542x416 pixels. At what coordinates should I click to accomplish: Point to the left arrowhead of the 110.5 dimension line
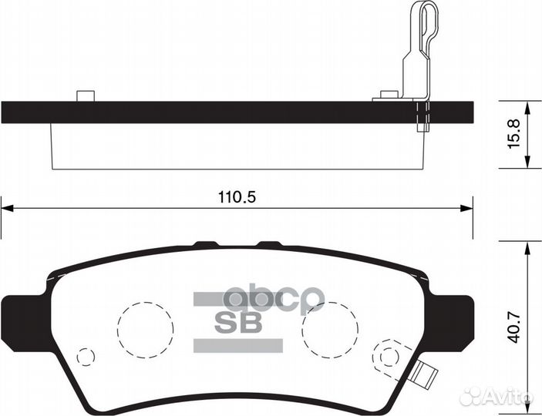click(7, 207)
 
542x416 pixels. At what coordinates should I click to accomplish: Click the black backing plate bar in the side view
click(231, 112)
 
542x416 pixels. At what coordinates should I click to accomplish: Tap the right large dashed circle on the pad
click(330, 327)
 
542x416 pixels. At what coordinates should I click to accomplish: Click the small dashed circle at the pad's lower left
click(86, 357)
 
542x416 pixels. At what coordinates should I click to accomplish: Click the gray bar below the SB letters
click(227, 344)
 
